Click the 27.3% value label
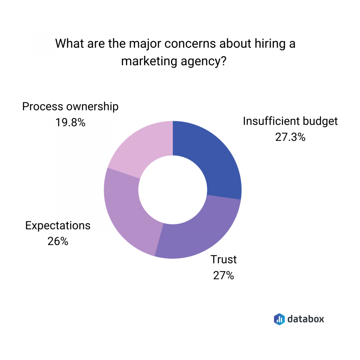coord(290,137)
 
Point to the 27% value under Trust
coord(224,275)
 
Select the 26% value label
coord(58,241)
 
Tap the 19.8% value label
coord(70,123)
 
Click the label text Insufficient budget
coord(290,121)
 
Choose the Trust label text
coord(224,260)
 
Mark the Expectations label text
coord(58,226)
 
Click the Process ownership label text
coord(70,107)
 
